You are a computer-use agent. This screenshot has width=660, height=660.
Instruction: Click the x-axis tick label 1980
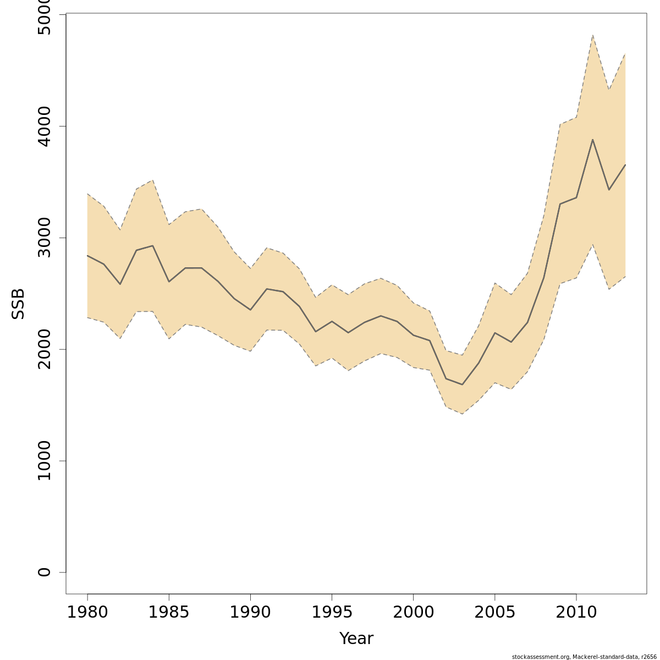(x=87, y=612)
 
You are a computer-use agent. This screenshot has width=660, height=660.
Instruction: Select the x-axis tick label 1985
(x=169, y=612)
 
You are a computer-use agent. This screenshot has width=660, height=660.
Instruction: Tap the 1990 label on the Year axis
(x=250, y=612)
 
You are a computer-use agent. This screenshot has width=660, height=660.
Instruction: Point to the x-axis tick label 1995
(x=332, y=612)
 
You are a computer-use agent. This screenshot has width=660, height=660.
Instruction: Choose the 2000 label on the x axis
(x=413, y=612)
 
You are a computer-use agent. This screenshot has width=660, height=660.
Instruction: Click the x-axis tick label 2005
(x=494, y=612)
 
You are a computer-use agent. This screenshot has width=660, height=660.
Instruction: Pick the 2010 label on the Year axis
(x=576, y=612)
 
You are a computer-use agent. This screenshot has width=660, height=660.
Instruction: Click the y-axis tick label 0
(x=45, y=572)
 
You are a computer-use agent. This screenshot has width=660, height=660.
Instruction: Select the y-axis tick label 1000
(x=45, y=461)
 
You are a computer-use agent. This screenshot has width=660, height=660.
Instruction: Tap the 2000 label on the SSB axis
(x=45, y=349)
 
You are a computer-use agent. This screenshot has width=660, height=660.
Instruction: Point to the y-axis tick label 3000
(x=45, y=238)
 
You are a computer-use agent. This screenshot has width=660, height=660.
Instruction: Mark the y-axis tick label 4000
(x=45, y=126)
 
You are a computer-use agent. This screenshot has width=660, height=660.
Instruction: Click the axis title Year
(x=356, y=639)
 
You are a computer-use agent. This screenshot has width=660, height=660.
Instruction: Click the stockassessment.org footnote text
(x=584, y=657)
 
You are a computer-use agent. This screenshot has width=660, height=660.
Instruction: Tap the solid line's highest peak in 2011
(x=592, y=140)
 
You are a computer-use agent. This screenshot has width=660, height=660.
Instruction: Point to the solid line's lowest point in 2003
(x=462, y=384)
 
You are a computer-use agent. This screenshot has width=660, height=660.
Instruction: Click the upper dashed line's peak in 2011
(x=592, y=35)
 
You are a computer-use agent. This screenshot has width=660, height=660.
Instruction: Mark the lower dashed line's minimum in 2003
(x=462, y=414)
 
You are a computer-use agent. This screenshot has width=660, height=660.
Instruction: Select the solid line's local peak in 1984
(x=152, y=246)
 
